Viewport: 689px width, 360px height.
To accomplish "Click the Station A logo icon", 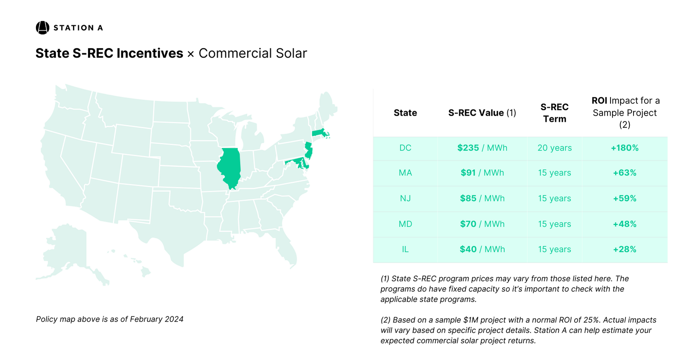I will tap(42, 28).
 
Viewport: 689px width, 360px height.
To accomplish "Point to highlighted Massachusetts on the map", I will tap(318, 133).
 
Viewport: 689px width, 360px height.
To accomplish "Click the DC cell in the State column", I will tap(405, 148).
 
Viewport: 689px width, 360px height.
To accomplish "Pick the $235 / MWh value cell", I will tap(482, 148).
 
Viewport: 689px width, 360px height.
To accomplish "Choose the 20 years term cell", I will tap(554, 148).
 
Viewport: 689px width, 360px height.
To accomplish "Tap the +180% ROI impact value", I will tap(625, 148).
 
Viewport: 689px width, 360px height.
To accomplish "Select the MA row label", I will tap(405, 173).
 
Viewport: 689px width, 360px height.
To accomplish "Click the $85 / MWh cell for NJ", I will tap(482, 198).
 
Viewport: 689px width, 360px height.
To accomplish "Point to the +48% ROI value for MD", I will tap(625, 224).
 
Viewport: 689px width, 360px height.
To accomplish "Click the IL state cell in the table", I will tap(405, 249).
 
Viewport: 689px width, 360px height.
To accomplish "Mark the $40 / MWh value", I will tap(482, 249).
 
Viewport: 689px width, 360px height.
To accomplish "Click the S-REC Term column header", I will tap(554, 113).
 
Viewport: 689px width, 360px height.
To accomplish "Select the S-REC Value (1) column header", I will tap(482, 113).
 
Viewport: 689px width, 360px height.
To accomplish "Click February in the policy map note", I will tap(147, 319).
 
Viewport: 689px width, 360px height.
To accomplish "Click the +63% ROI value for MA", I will tap(625, 173).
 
